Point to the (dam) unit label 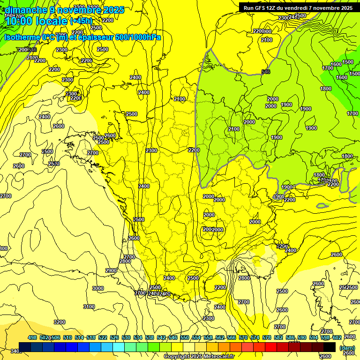click(347, 348)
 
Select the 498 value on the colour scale click(32, 337)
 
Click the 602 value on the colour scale click(337, 337)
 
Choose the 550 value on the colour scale click(185, 337)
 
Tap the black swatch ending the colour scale click(330, 347)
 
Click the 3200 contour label click(60, 322)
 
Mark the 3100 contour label click(89, 307)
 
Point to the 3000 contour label click(98, 288)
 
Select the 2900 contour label click(111, 270)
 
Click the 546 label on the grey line click(266, 72)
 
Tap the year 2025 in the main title click(113, 9)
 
